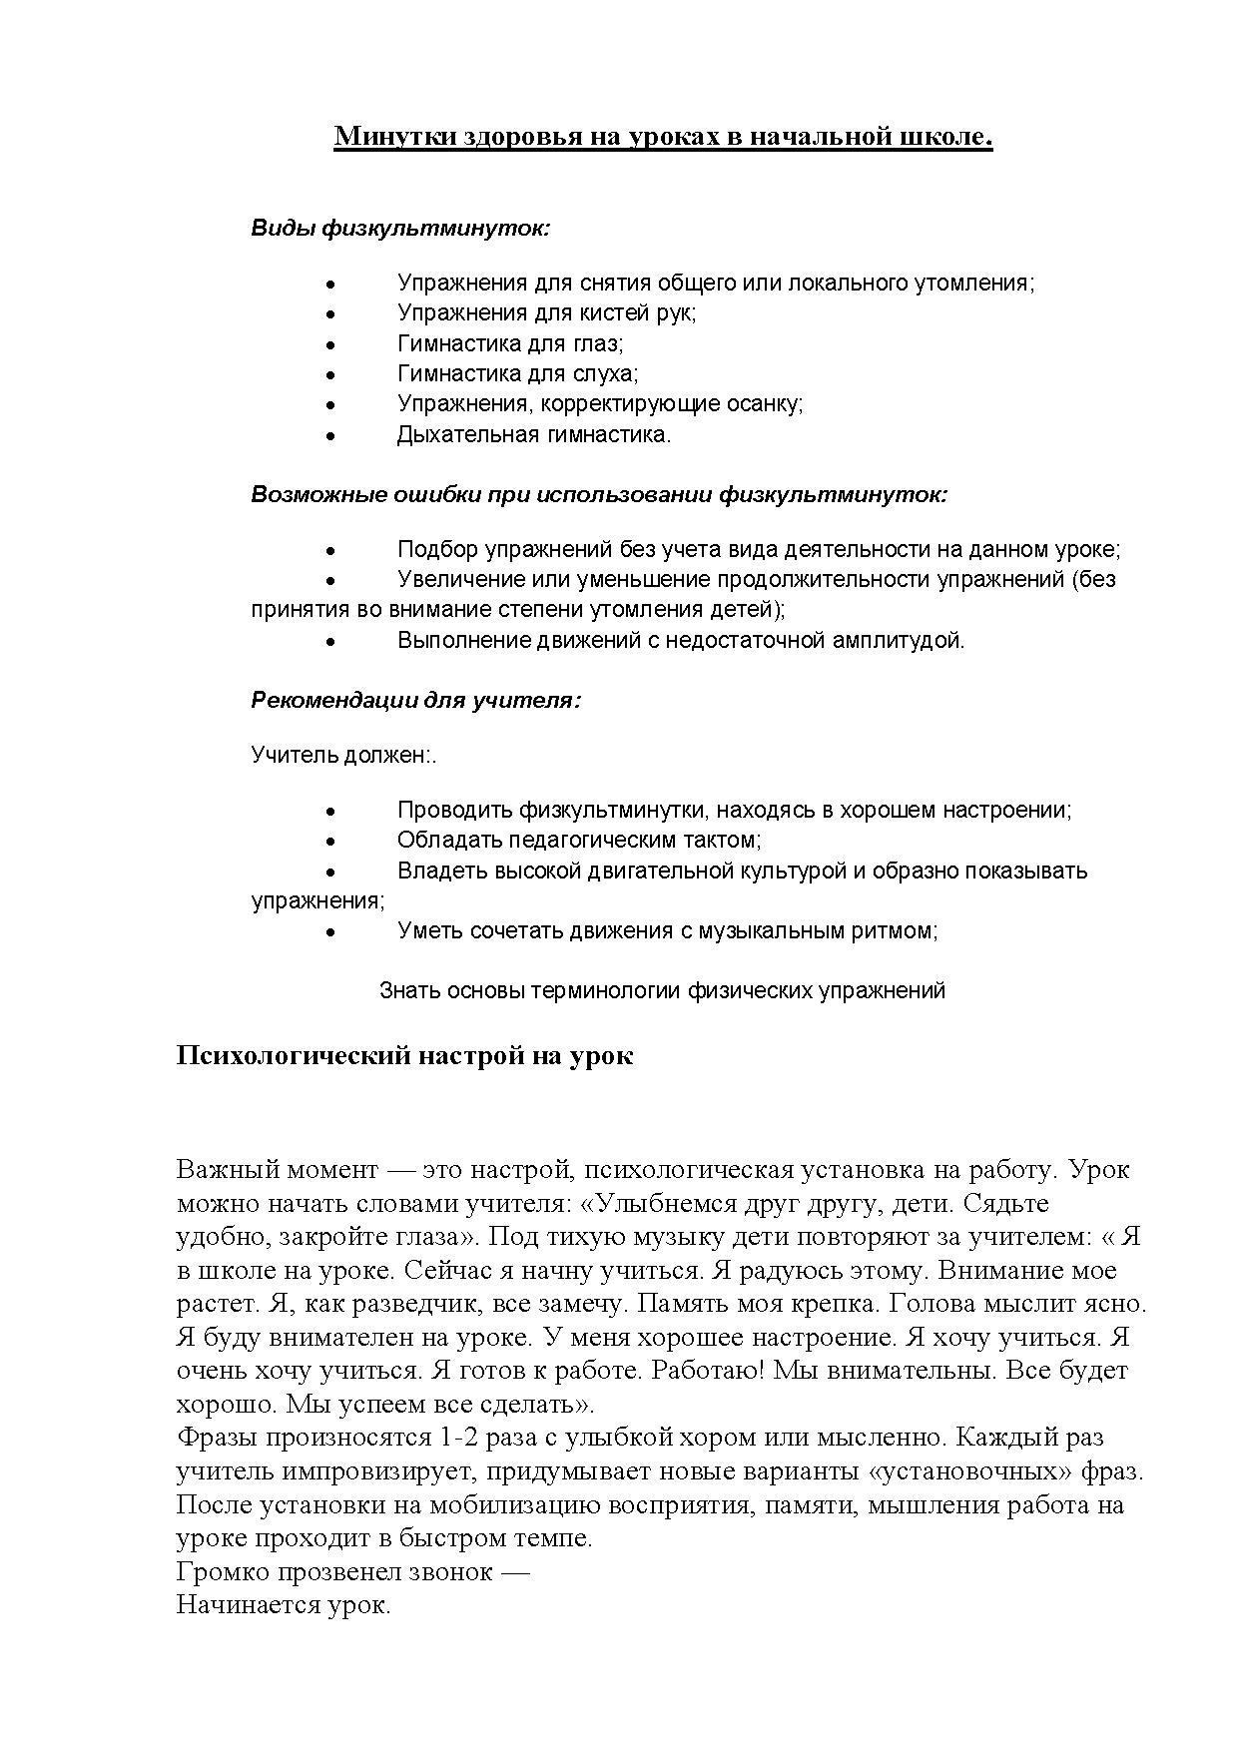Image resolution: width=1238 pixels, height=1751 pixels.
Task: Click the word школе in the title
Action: tap(952, 136)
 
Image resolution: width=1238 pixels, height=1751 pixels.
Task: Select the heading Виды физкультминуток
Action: tap(400, 229)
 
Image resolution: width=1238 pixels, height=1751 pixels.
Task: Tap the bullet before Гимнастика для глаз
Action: tap(330, 344)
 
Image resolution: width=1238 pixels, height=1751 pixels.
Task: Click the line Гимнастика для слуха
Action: tap(517, 374)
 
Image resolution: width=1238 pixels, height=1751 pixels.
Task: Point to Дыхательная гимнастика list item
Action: tap(534, 435)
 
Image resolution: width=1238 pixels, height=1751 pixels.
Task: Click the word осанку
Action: tap(763, 404)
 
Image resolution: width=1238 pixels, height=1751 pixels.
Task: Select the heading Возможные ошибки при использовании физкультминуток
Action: tap(598, 495)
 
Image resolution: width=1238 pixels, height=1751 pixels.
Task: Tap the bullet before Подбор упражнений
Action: tap(330, 551)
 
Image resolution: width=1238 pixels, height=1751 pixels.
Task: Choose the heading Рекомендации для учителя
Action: tap(415, 701)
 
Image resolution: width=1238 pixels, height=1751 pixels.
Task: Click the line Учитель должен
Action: tap(343, 756)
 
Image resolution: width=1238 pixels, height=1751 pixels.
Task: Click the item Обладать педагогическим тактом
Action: tap(579, 841)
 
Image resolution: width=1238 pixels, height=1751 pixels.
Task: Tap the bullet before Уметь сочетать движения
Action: tap(330, 932)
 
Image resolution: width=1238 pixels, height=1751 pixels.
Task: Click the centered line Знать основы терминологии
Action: tap(662, 991)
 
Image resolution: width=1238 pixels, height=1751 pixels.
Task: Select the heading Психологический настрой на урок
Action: tap(404, 1056)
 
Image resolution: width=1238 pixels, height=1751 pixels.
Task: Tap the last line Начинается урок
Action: tap(284, 1605)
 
